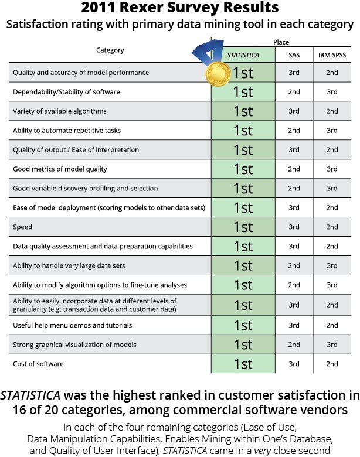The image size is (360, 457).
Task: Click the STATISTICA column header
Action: [x=243, y=55]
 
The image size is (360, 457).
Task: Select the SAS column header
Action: [x=294, y=55]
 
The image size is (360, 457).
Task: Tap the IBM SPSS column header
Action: [x=332, y=55]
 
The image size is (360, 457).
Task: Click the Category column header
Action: [x=110, y=50]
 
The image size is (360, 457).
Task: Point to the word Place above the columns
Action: [x=281, y=42]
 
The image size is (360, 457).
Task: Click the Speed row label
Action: [x=23, y=227]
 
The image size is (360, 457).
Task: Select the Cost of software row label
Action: [x=38, y=364]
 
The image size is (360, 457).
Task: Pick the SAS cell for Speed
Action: [x=294, y=227]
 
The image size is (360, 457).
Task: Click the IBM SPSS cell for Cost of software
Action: [x=332, y=364]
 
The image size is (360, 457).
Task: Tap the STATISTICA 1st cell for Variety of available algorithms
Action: [x=243, y=111]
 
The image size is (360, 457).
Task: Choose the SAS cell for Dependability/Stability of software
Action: [x=294, y=92]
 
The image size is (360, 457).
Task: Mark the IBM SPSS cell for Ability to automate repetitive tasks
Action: [x=332, y=131]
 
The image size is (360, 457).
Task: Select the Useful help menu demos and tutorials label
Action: [x=72, y=325]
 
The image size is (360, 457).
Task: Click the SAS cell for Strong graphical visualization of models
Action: [x=294, y=345]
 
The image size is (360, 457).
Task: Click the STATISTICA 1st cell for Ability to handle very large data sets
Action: [x=243, y=266]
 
